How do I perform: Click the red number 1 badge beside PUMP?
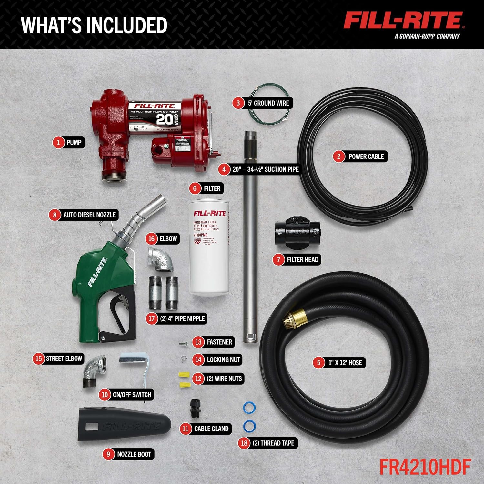[58, 142]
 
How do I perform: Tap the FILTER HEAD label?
[302, 259]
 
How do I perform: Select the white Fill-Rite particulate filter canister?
[209, 248]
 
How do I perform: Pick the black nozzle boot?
[124, 424]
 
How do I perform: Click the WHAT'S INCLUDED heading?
[94, 25]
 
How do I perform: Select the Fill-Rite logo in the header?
[403, 21]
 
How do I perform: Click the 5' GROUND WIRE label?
[268, 103]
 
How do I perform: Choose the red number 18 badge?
[244, 443]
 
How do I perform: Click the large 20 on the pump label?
[165, 119]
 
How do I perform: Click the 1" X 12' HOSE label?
[345, 363]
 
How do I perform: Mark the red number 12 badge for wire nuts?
[198, 378]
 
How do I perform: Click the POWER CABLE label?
[366, 156]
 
